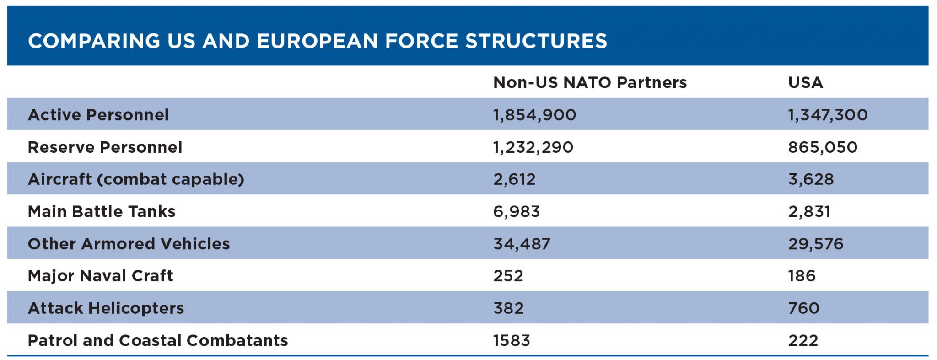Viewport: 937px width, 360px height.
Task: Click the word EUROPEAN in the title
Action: point(318,41)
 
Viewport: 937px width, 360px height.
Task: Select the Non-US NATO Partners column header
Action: point(590,82)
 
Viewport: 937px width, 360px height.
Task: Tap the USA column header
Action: point(805,82)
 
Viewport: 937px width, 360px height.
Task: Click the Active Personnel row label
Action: point(98,115)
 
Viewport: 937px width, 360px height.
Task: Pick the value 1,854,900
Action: point(534,115)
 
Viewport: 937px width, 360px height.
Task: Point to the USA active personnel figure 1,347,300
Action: point(827,115)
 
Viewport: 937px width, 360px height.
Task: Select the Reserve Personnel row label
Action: point(105,147)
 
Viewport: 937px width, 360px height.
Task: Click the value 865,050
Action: point(822,147)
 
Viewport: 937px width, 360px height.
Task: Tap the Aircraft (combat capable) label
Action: point(136,179)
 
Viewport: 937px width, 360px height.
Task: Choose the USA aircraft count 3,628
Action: point(811,179)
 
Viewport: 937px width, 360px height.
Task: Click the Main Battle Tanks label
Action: point(102,212)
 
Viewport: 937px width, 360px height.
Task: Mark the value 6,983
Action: point(517,212)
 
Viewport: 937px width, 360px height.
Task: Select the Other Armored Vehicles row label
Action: point(129,244)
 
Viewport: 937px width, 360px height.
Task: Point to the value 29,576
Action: point(815,244)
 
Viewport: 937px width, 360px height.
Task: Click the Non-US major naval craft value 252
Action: point(508,276)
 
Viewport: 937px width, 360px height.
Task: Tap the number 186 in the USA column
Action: point(802,276)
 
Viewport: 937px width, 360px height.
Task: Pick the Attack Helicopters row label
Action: point(106,308)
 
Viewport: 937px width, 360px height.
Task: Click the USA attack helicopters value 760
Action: point(803,308)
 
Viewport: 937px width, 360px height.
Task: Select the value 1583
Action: point(512,341)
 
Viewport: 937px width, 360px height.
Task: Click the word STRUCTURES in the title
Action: point(536,41)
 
